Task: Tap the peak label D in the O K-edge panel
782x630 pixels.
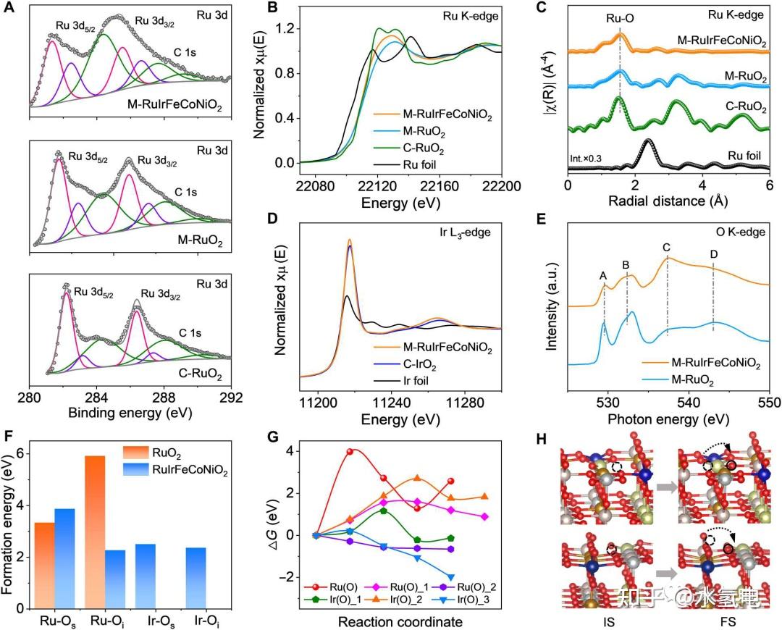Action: (x=714, y=254)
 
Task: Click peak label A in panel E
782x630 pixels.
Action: (x=604, y=275)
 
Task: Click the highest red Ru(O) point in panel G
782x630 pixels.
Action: (x=351, y=451)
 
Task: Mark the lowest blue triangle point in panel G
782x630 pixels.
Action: (x=452, y=577)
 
